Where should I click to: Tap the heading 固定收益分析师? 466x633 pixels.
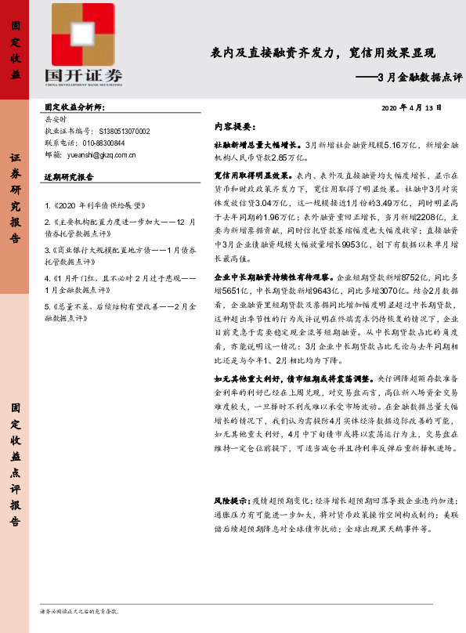tap(74, 107)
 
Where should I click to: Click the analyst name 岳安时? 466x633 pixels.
tap(56, 120)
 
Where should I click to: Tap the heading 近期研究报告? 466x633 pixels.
tap(70, 177)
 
